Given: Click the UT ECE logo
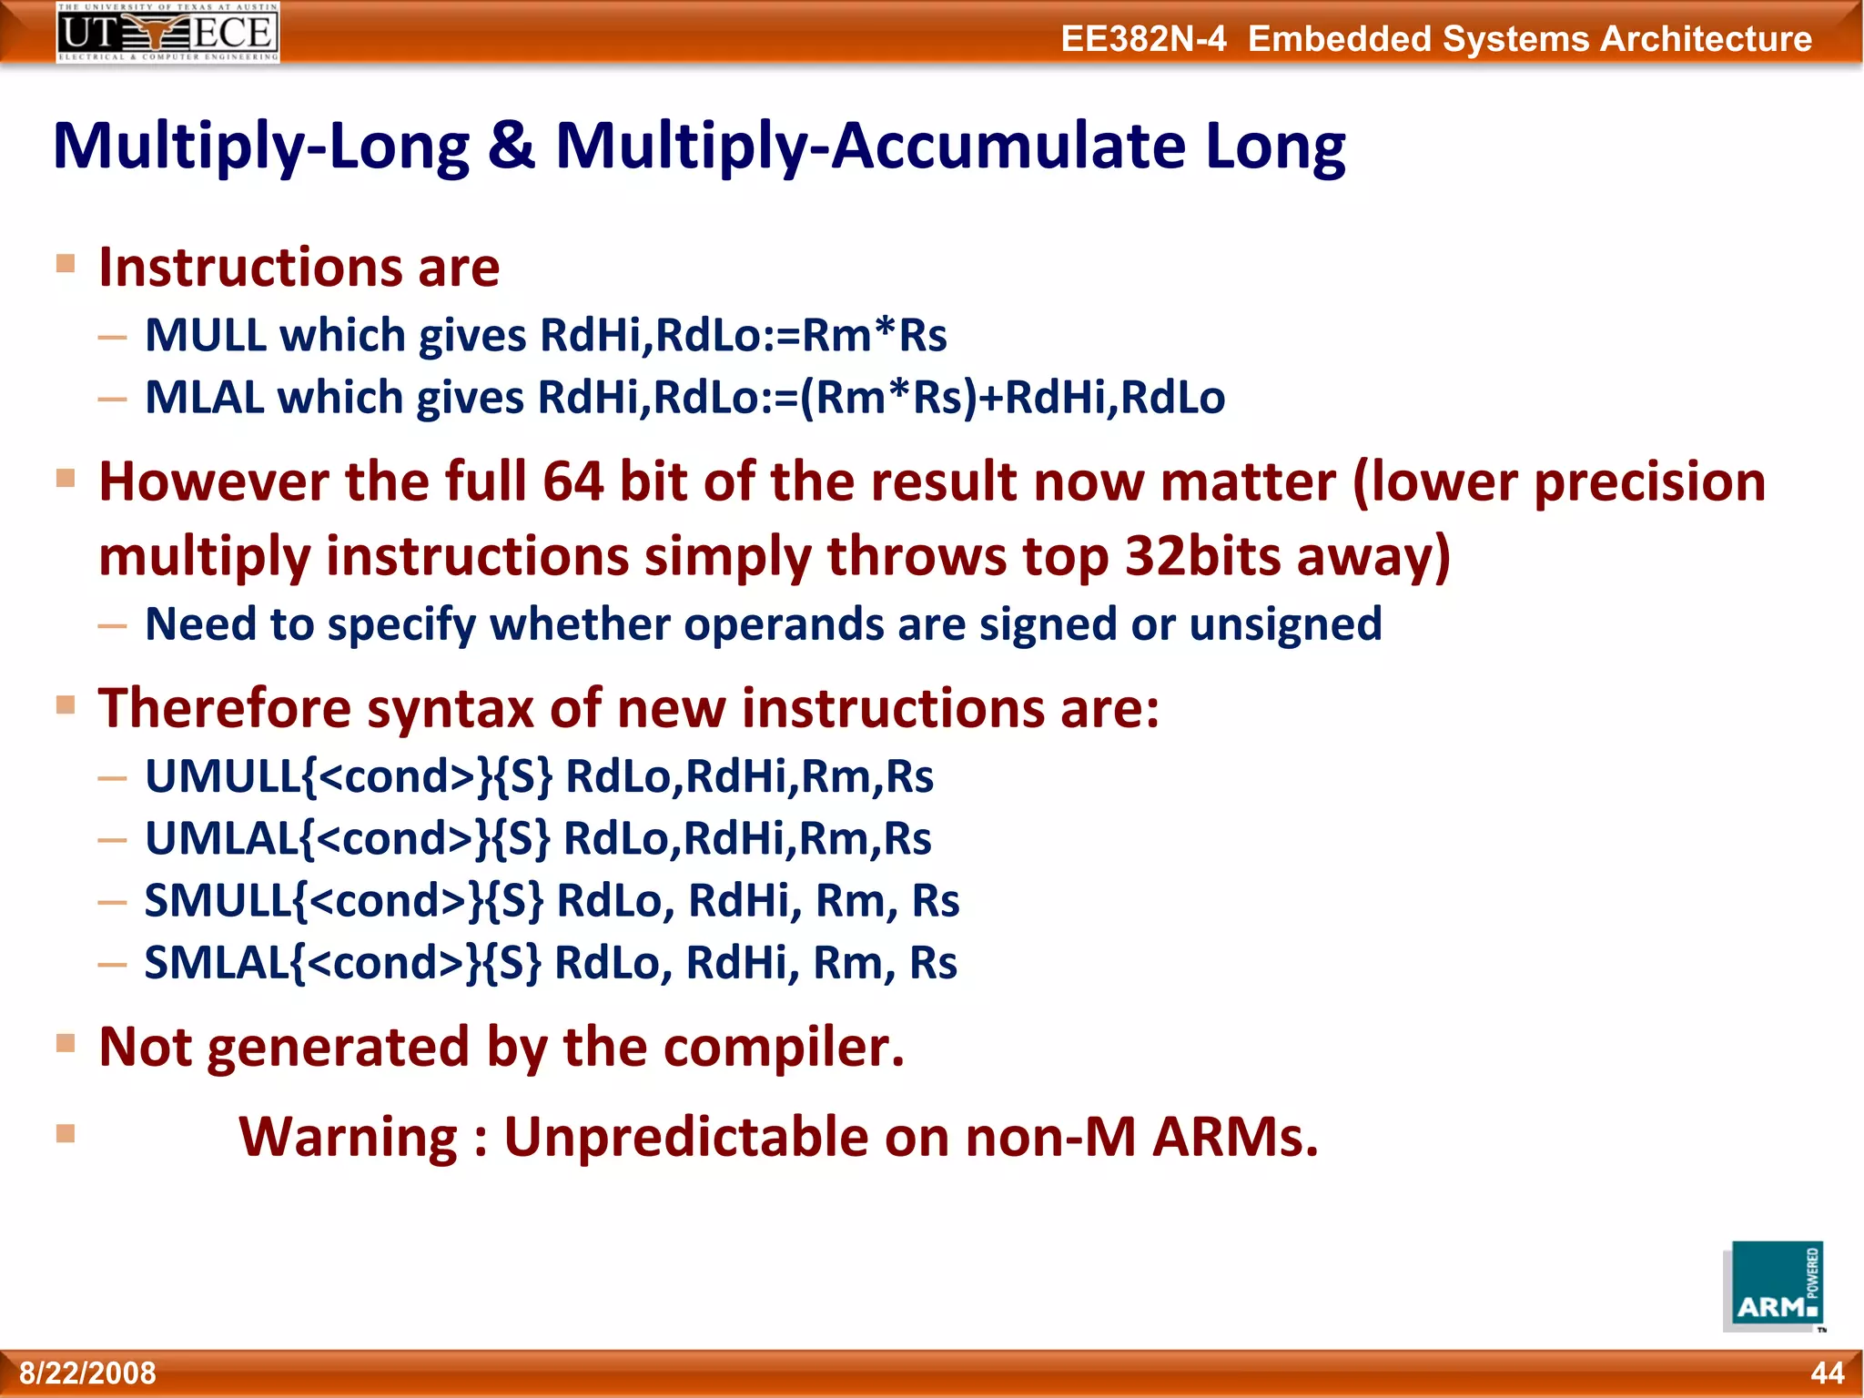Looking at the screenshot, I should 167,32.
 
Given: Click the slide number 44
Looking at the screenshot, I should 1827,1373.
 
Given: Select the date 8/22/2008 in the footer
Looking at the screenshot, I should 88,1373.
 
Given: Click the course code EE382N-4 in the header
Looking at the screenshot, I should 1143,39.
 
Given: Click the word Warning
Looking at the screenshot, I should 349,1137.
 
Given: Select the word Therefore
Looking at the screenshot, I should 225,708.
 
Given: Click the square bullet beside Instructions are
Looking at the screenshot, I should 66,264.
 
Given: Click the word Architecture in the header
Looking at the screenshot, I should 1706,39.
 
